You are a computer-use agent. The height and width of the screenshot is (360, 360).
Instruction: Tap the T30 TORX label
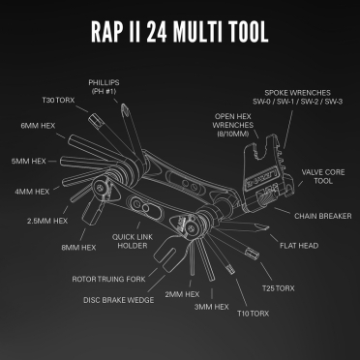click(59, 100)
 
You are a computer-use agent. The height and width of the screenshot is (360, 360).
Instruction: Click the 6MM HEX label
click(38, 126)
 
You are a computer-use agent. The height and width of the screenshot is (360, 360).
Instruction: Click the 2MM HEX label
click(183, 292)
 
